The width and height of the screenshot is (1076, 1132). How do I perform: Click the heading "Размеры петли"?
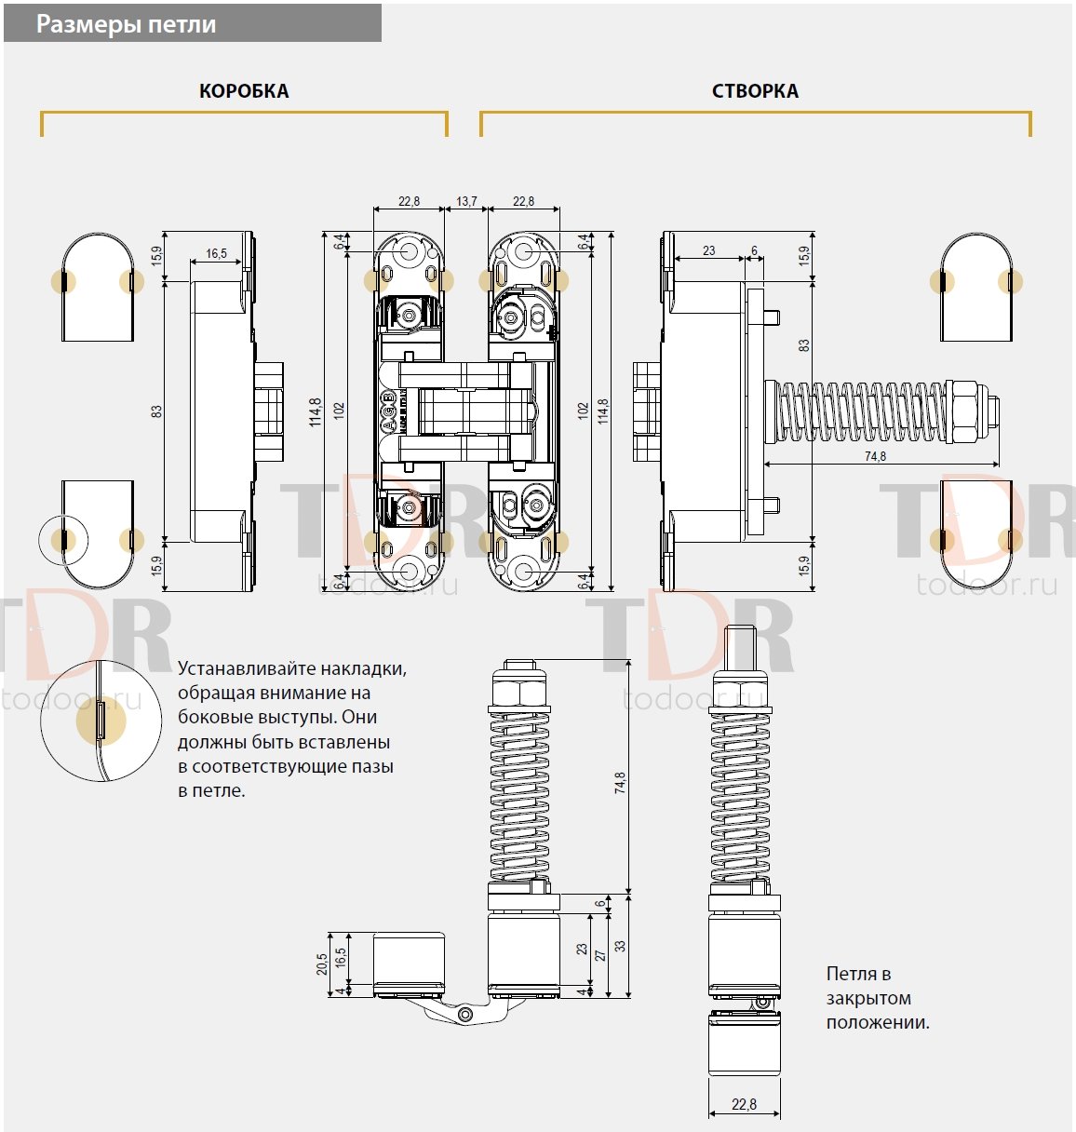pos(126,25)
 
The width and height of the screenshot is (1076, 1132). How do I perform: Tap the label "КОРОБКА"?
pos(244,91)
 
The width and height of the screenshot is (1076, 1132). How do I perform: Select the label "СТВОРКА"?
pos(755,91)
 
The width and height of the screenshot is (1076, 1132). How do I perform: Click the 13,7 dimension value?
pos(466,201)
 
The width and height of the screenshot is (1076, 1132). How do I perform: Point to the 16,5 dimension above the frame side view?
pos(216,253)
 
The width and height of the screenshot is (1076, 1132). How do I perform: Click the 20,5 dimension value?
pos(321,964)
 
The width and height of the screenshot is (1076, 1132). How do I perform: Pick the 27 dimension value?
pos(600,955)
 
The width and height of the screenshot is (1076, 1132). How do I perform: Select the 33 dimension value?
pos(620,946)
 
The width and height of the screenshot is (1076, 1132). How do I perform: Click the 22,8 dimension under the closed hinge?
pos(744,1104)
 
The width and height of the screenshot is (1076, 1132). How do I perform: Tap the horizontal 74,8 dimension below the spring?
pos(875,456)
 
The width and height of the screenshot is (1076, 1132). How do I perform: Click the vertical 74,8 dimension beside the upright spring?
pos(620,783)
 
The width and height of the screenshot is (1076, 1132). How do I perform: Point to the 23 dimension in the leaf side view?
pos(708,250)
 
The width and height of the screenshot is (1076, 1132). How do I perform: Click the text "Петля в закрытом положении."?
pos(878,998)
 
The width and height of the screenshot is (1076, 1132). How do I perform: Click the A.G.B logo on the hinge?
pos(389,410)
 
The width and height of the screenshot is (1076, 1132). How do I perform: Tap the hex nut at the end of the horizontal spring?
pos(962,411)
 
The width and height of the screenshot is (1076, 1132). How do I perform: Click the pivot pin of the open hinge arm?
pos(465,1014)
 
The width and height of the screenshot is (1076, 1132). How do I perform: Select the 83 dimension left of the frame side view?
pos(156,411)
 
